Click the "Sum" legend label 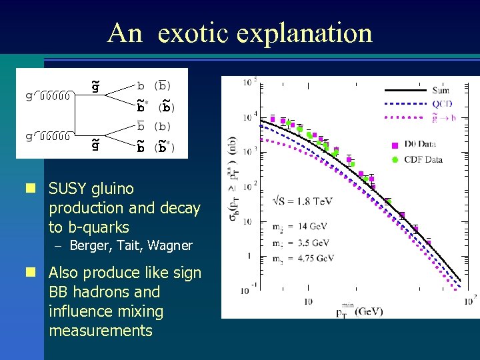[441, 91]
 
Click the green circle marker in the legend [395, 159]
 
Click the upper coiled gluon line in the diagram [57, 95]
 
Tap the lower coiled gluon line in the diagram [57, 137]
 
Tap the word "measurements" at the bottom [101, 331]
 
